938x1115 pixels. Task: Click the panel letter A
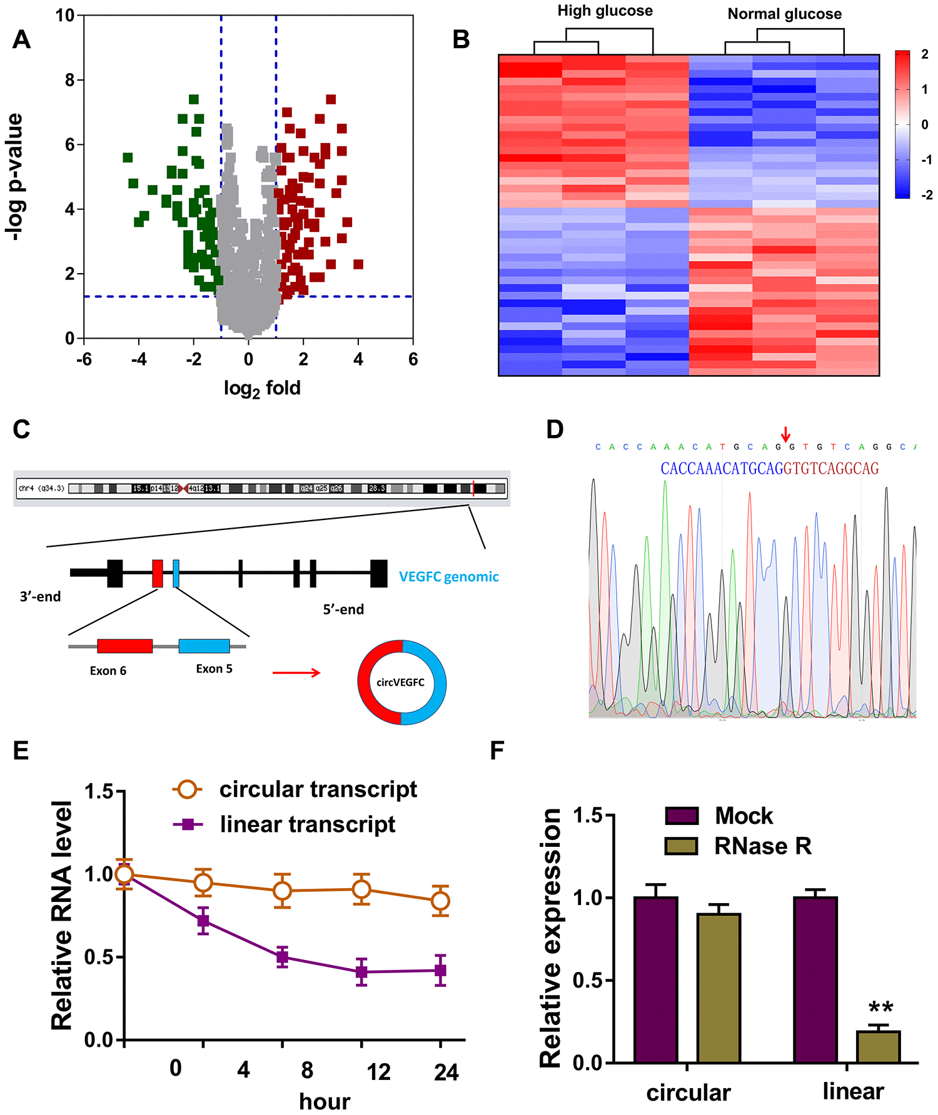coord(21,40)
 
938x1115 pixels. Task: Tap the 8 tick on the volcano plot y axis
coord(70,80)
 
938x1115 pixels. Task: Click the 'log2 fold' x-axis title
coord(262,389)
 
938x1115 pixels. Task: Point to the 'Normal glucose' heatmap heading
coord(784,14)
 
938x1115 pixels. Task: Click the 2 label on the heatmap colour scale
coord(925,54)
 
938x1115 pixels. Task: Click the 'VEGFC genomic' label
coord(448,577)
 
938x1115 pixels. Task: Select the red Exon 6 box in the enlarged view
coord(124,646)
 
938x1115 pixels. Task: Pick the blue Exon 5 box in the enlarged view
coord(204,646)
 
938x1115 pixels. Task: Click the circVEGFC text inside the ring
coord(400,682)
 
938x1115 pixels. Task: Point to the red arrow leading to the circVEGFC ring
coord(296,672)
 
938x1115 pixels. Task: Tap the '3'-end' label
coord(40,597)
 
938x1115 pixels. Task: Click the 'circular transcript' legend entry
coord(318,789)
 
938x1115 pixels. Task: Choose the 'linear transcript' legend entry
coord(307,824)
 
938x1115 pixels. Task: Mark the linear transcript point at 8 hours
coord(282,957)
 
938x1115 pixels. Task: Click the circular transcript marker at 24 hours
coord(440,901)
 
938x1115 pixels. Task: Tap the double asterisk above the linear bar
coord(880,1007)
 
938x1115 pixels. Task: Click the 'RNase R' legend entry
coord(762,846)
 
